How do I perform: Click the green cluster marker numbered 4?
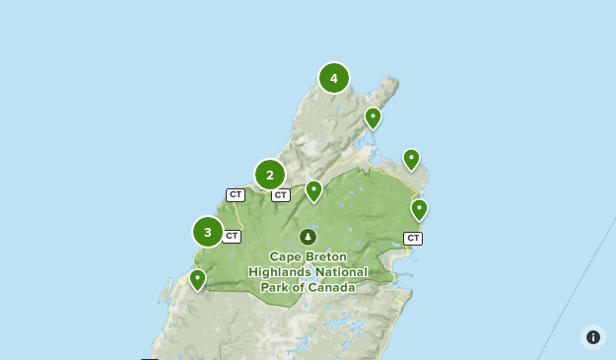pos(334,78)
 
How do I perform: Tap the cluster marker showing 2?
pos(270,175)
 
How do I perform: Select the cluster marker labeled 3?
pos(208,232)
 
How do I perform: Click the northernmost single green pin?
pos(373,117)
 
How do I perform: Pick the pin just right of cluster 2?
pos(313,189)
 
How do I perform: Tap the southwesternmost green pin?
pos(197,279)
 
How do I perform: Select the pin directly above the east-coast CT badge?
pos(419,208)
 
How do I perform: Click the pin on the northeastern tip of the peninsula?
pos(411,158)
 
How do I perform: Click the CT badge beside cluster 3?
pos(232,236)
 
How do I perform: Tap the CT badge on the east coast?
pos(413,238)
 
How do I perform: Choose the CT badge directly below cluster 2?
pos(281,195)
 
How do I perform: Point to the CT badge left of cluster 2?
pos(236,195)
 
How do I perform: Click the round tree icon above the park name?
pos(308,237)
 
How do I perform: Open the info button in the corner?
pos(592,337)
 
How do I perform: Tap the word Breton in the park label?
pos(327,256)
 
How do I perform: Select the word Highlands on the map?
pos(280,272)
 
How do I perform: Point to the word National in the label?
pos(341,272)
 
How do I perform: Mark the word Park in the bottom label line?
pos(276,288)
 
